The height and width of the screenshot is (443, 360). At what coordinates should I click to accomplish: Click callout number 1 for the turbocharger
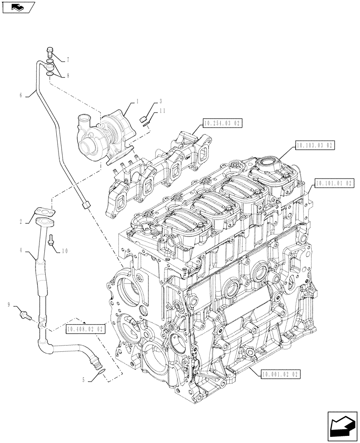coord(138,101)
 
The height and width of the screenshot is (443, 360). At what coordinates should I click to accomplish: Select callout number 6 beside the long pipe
coord(21,94)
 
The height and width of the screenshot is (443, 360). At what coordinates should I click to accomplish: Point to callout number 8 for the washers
coord(68,76)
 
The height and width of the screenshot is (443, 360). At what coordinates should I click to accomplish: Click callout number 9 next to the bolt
coord(9,304)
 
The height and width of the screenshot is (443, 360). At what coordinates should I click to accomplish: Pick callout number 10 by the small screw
coord(65,251)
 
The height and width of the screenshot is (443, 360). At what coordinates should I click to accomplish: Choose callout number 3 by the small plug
coord(160,101)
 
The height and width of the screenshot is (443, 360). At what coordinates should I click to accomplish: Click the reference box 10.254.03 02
coord(223,124)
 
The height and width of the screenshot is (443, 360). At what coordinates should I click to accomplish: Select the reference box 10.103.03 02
coord(314,145)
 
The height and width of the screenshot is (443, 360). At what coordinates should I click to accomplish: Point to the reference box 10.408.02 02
coord(86,329)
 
